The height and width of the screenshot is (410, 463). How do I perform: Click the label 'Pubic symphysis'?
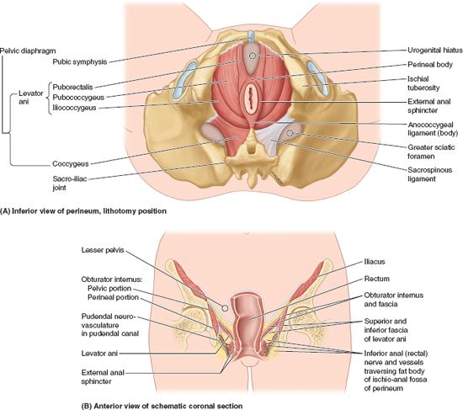(x=79, y=62)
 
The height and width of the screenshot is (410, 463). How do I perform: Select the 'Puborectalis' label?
(x=72, y=88)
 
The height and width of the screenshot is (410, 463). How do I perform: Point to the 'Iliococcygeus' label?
(x=74, y=108)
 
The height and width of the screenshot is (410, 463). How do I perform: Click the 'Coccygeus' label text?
(x=70, y=163)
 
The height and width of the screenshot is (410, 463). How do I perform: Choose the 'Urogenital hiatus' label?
(x=434, y=51)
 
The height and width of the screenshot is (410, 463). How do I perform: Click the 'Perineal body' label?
(x=430, y=64)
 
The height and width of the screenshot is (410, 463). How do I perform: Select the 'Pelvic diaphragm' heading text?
(x=28, y=51)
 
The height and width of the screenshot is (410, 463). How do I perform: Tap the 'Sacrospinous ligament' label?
(x=429, y=174)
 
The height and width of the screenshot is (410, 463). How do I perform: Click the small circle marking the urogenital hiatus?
(x=253, y=56)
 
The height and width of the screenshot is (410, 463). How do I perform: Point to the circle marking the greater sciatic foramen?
(x=290, y=133)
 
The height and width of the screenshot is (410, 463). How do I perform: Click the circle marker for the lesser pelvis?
(x=225, y=308)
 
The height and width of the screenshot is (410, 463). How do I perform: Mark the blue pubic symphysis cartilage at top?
(x=251, y=36)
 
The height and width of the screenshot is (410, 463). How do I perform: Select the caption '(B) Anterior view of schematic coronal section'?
(x=162, y=406)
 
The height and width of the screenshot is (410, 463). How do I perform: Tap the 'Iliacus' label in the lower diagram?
(x=375, y=262)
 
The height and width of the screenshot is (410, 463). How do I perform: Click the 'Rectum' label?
(x=377, y=279)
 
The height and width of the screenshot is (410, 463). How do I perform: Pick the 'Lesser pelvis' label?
(x=103, y=250)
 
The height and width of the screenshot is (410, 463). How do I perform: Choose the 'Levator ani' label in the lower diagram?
(x=99, y=354)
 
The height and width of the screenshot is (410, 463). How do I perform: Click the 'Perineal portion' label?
(x=113, y=297)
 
